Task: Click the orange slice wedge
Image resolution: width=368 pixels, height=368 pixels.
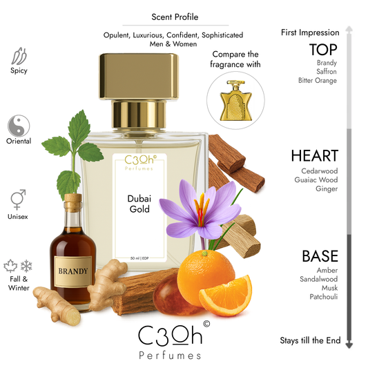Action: pos(224,293)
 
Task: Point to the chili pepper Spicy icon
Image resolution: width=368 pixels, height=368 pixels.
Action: pos(20,56)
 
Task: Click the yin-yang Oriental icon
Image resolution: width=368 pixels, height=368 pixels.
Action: pos(19,126)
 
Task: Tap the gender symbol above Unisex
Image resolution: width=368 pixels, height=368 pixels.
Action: pos(19,200)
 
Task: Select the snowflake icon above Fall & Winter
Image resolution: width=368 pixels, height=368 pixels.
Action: pos(27,267)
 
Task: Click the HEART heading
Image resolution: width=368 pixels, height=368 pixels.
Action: pos(314,156)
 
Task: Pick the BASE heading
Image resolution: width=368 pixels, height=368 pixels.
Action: pos(320,256)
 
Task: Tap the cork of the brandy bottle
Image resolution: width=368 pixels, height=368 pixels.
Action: pos(72,201)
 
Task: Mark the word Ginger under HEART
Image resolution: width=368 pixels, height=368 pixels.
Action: pos(327,188)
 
